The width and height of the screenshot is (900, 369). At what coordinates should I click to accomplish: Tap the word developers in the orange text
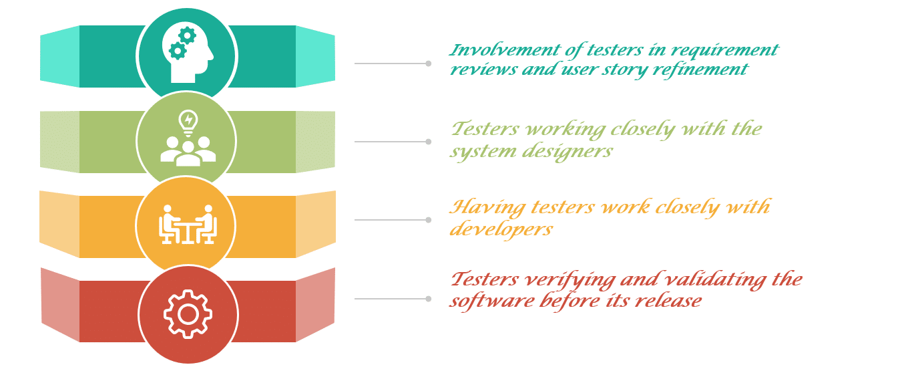501,229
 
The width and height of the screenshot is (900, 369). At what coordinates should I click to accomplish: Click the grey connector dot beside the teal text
429,64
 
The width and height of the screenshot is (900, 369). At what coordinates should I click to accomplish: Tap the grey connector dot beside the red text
429,299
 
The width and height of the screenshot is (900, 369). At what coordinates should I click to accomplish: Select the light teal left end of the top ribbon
59,57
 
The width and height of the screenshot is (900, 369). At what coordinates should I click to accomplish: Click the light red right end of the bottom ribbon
315,305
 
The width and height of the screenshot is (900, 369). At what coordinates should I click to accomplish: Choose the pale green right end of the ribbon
315,142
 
